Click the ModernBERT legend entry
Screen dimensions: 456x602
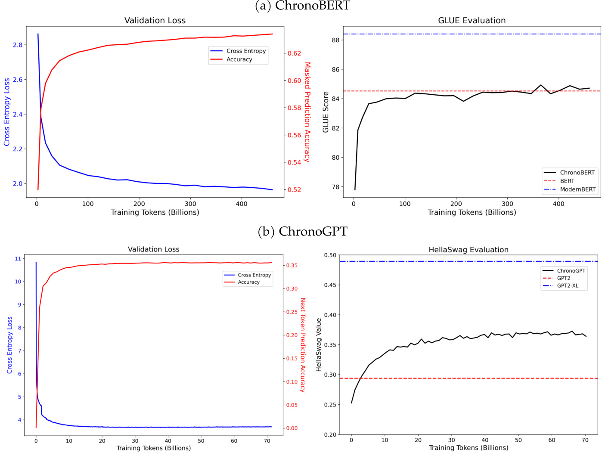tap(577, 189)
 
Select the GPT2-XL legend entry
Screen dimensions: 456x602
tap(568, 285)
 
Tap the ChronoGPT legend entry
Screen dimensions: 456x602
tap(571, 271)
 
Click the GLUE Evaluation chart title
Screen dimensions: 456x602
tap(472, 20)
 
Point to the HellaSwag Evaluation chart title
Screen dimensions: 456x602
tap(469, 250)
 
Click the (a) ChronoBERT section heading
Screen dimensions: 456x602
tap(303, 6)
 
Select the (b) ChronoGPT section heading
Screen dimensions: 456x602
tap(302, 232)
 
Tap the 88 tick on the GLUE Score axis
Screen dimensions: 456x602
tap(335, 40)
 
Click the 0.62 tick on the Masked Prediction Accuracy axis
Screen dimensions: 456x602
tap(295, 53)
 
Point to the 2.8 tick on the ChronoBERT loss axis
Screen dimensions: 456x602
tap(18, 45)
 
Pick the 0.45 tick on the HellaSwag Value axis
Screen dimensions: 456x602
tap(330, 285)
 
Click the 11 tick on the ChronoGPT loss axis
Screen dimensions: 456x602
tap(18, 259)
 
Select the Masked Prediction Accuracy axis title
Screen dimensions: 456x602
tap(307, 112)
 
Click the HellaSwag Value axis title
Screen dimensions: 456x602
tap(319, 344)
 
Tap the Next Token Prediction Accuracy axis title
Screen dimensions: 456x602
tap(303, 344)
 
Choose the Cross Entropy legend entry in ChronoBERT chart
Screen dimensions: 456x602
tap(246, 51)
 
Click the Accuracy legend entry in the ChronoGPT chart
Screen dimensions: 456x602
tap(248, 282)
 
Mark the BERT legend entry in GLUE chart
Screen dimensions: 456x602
tap(567, 181)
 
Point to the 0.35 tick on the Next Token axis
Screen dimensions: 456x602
tap(292, 266)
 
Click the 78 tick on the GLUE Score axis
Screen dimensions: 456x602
tap(335, 187)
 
